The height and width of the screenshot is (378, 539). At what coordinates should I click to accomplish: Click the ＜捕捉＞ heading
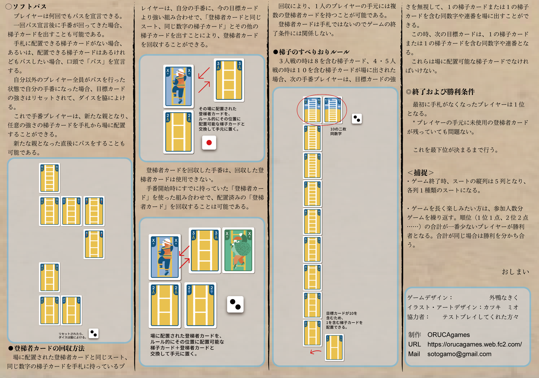421,173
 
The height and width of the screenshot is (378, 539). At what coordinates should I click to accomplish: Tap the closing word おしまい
515,271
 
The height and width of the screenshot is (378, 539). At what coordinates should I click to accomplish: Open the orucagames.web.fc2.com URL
474,344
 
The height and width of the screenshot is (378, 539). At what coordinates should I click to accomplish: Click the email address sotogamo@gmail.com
459,354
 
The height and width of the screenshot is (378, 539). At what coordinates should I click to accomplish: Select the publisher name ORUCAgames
449,335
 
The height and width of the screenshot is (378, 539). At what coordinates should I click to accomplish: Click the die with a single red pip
209,143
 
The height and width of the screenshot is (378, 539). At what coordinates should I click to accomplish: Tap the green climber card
238,250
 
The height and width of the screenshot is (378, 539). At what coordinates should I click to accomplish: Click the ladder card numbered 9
312,138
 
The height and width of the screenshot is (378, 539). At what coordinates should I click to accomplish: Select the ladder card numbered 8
312,166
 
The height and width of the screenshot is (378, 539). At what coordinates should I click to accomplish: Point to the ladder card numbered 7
312,193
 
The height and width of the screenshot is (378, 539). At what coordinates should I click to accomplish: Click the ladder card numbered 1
334,347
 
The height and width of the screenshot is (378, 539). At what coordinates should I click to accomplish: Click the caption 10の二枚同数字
338,131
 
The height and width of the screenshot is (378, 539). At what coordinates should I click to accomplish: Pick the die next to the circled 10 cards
357,119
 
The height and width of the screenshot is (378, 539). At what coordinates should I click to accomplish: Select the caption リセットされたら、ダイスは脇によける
72,335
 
